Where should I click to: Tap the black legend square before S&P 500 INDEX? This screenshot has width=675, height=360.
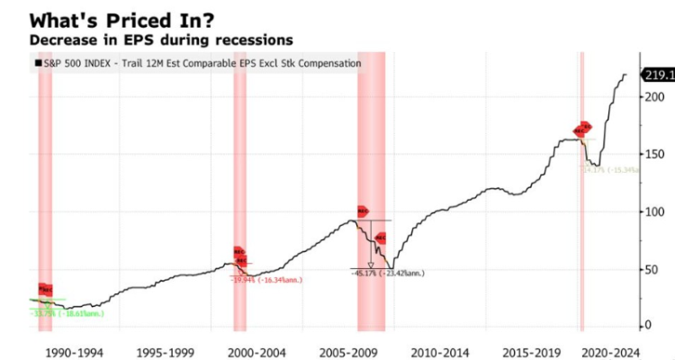37,64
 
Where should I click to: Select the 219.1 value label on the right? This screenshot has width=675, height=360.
655,75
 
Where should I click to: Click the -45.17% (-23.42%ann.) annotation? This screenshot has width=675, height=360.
388,274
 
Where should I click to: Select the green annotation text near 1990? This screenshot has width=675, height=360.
67,313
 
